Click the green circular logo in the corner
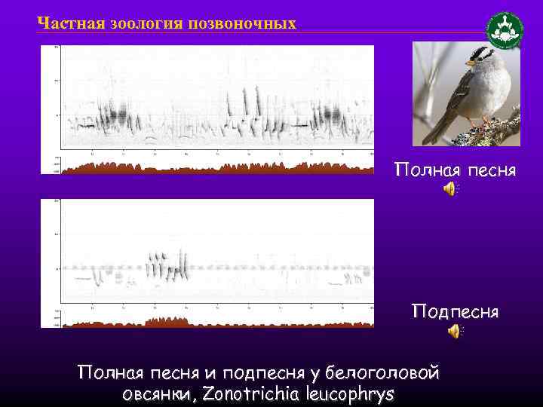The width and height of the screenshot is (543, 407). [x=504, y=31]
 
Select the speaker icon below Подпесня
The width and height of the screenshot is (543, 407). [x=453, y=331]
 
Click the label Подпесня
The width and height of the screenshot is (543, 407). [x=455, y=311]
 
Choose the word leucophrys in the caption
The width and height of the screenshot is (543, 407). [x=353, y=394]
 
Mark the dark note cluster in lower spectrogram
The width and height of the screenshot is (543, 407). [x=166, y=266]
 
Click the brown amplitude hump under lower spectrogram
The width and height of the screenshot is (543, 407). [x=167, y=322]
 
